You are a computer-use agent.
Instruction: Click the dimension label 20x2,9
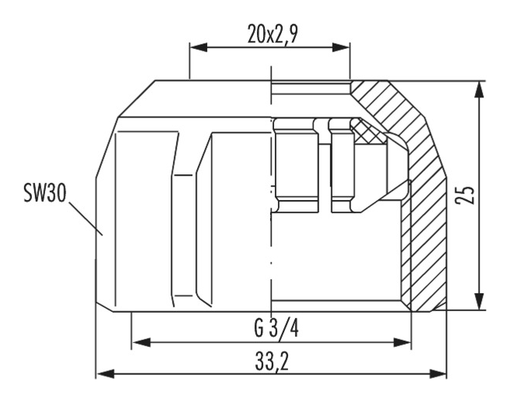coord(273,34)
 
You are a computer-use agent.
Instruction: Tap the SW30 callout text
coord(45,193)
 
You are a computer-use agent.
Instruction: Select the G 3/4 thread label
coord(276,328)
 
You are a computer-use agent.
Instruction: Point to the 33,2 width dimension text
coord(272,362)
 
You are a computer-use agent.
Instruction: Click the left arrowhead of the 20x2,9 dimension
coord(199,47)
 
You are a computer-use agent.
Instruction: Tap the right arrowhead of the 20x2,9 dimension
coord(340,47)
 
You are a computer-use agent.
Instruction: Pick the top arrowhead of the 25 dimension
coord(478,89)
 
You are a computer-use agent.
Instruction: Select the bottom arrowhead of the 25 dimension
coord(478,301)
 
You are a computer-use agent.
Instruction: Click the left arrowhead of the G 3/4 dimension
coord(142,342)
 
